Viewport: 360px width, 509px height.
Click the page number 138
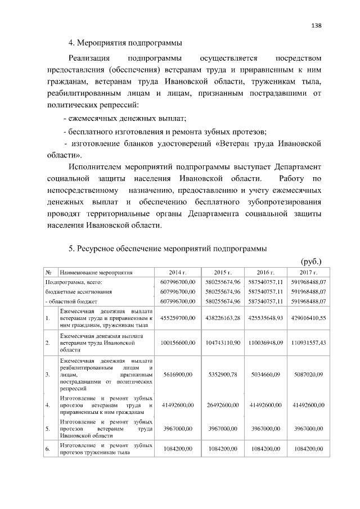coord(317,25)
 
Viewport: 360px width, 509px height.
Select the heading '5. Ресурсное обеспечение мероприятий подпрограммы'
coord(167,248)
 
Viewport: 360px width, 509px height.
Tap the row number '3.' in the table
coord(48,372)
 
